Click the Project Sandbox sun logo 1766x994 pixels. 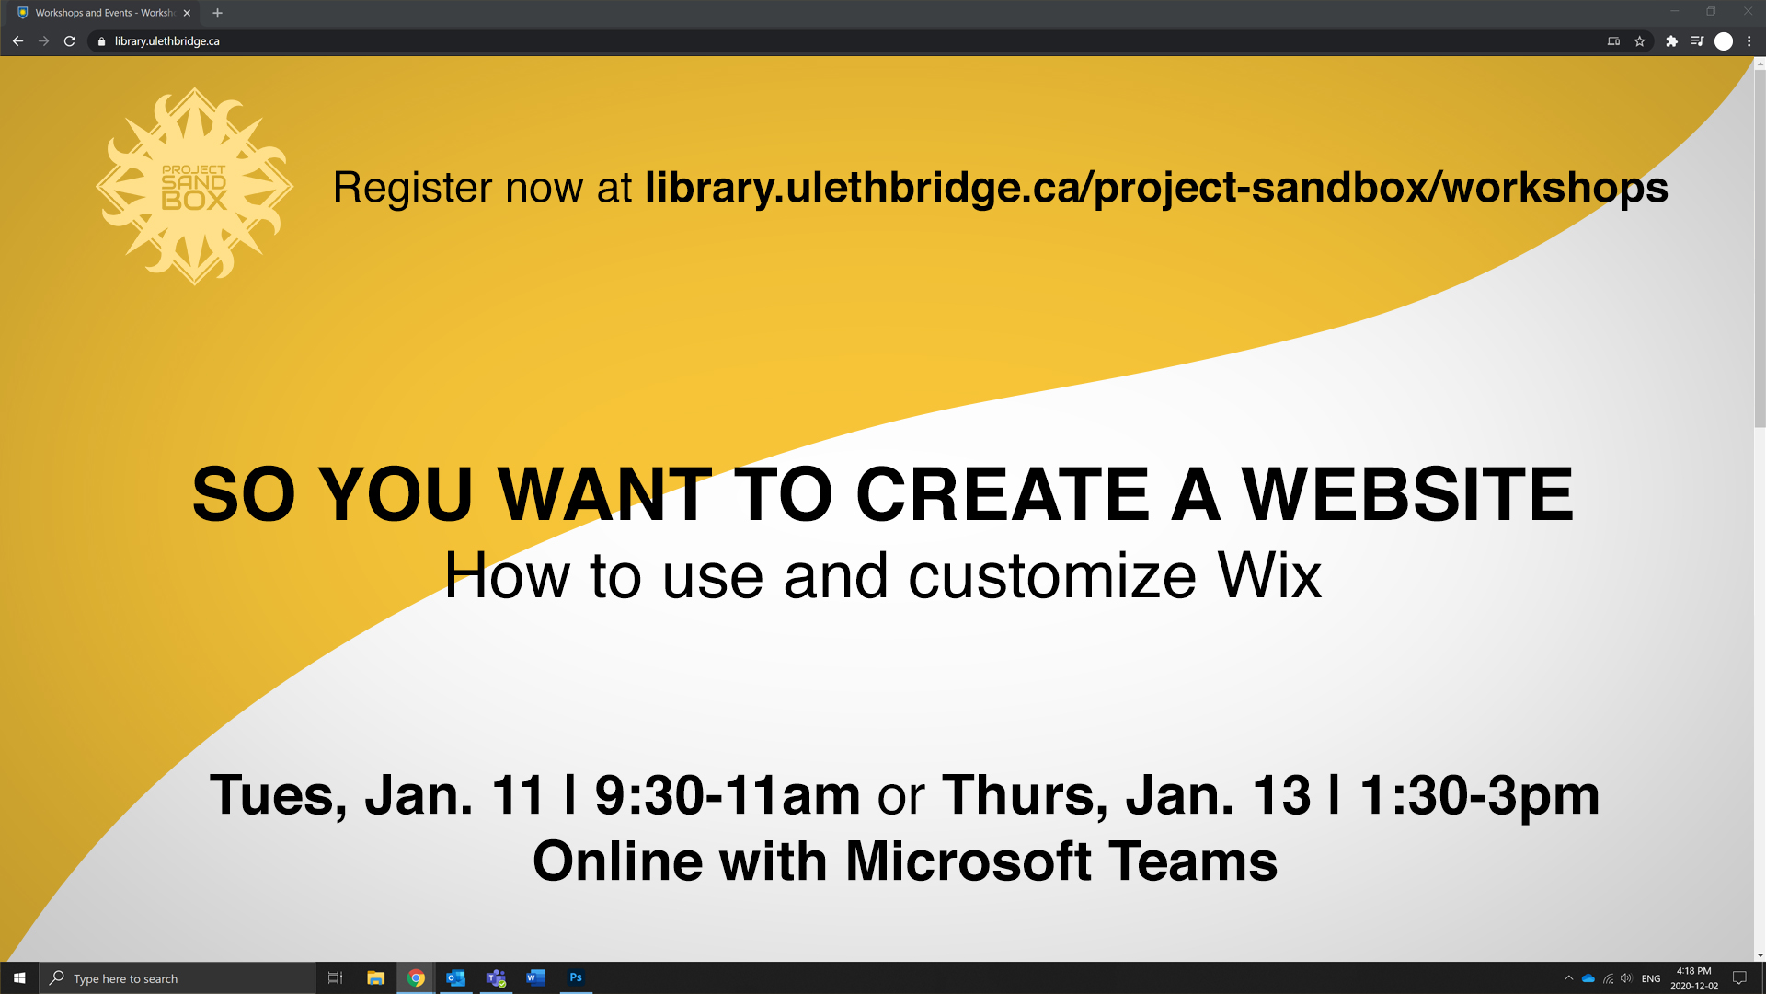(194, 187)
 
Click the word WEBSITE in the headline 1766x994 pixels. (1407, 494)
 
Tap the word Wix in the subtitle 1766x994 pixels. (1269, 576)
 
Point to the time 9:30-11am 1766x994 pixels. (728, 794)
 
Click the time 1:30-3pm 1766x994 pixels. (1480, 796)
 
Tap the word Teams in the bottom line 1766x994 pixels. (1193, 861)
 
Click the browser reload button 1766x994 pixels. (69, 41)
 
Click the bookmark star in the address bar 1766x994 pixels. (1639, 41)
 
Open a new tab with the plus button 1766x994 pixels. (217, 13)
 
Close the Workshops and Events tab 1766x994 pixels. (187, 13)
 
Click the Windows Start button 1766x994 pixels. (19, 978)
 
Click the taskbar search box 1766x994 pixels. (178, 978)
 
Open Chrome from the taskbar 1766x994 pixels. (416, 978)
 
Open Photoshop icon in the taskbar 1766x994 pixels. (576, 978)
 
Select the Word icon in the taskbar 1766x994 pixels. (535, 978)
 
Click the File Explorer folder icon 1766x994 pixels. (375, 978)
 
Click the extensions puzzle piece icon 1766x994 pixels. (1671, 41)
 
